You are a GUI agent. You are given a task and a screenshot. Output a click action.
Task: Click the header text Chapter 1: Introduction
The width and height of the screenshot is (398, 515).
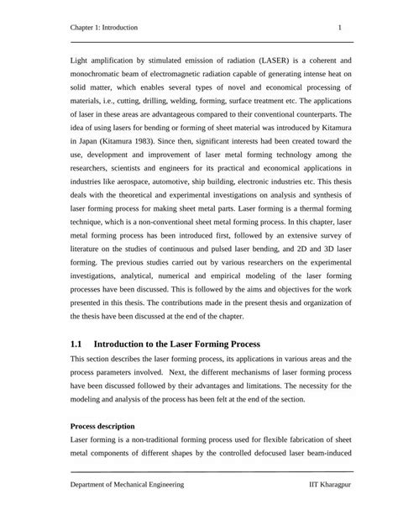coord(104,28)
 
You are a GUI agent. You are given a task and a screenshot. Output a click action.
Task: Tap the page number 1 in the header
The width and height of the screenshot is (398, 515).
coord(339,28)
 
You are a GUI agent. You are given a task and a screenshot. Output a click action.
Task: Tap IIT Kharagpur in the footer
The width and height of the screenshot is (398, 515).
coord(326,486)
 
